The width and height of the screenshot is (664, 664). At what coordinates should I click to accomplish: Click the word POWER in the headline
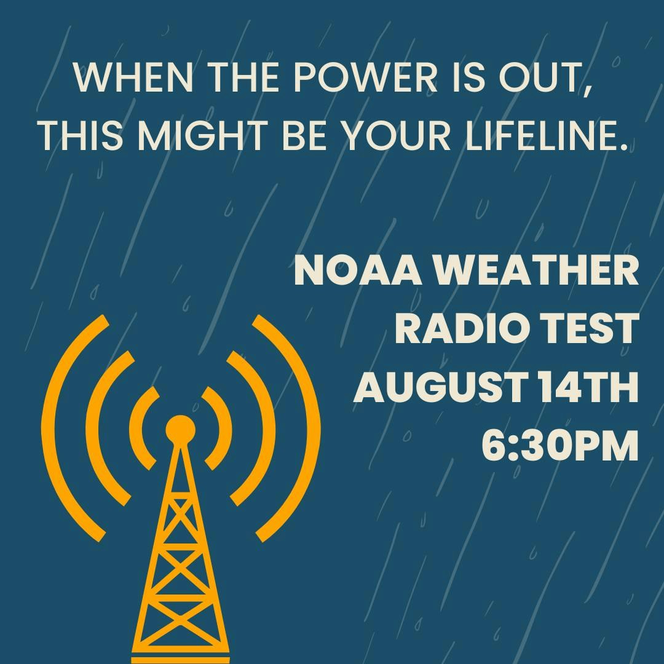click(365, 77)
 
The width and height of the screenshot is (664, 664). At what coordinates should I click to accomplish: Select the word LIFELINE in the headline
click(547, 136)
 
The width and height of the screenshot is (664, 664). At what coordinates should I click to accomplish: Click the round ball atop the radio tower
click(180, 430)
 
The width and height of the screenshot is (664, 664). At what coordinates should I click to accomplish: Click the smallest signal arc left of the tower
click(135, 428)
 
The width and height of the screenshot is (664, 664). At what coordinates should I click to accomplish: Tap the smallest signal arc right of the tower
click(226, 428)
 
